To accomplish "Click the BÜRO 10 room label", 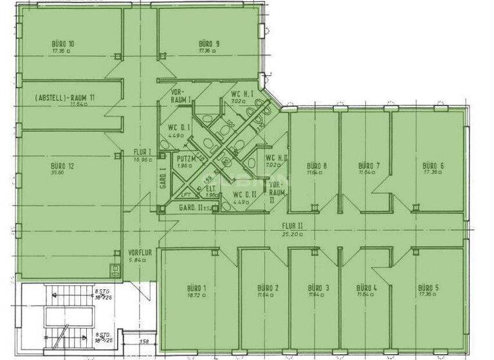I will tap(63, 44).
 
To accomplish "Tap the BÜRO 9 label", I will tap(209, 44).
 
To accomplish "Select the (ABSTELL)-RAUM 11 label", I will tap(65, 97).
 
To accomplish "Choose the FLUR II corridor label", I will tap(291, 226).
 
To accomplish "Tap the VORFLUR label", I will tap(140, 253).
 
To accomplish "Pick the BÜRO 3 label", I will tap(318, 287).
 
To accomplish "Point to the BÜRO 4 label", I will tap(367, 287).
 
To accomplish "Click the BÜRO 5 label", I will tap(428, 287).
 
